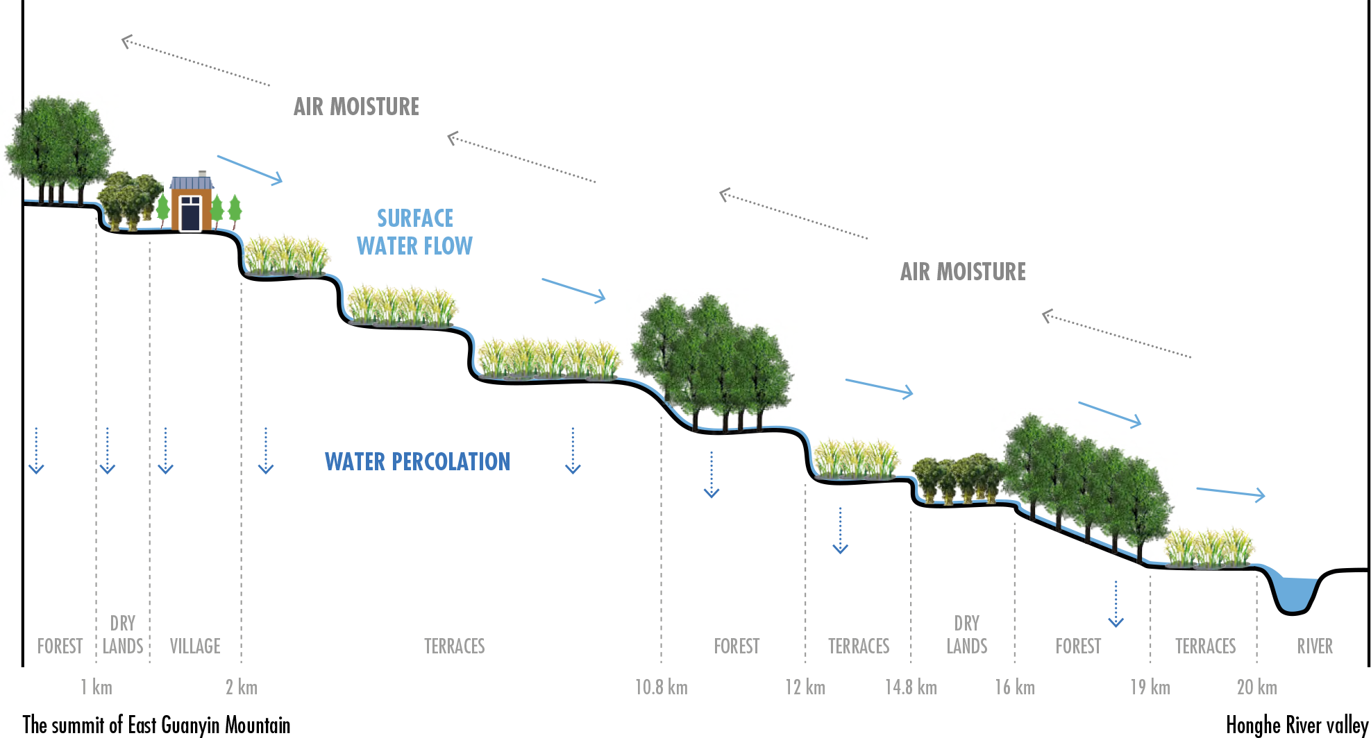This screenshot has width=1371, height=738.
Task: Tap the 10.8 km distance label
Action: click(x=661, y=687)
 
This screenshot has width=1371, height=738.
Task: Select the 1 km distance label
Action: click(x=96, y=687)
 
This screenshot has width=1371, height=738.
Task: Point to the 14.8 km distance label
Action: click(x=910, y=687)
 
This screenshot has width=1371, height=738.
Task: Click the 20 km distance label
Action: click(x=1256, y=687)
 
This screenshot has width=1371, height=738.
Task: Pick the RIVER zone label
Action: click(x=1314, y=646)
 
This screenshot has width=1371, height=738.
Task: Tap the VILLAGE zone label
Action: click(x=195, y=646)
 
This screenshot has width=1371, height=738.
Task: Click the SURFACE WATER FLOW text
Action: click(x=414, y=232)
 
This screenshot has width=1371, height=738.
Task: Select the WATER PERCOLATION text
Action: click(x=417, y=462)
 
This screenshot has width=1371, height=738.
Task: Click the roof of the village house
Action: click(x=191, y=182)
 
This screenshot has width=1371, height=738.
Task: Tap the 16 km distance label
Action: click(x=1014, y=687)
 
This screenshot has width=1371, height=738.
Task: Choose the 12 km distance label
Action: click(x=805, y=687)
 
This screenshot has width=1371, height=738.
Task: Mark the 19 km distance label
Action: click(x=1150, y=687)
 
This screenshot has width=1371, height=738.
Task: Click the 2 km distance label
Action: click(x=241, y=687)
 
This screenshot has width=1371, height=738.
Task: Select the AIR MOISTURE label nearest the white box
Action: click(x=963, y=271)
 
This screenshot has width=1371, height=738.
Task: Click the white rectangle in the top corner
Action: click(x=1149, y=123)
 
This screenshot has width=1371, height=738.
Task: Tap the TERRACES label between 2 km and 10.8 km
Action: click(x=454, y=646)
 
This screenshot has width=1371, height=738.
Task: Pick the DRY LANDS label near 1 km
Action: click(x=123, y=635)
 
